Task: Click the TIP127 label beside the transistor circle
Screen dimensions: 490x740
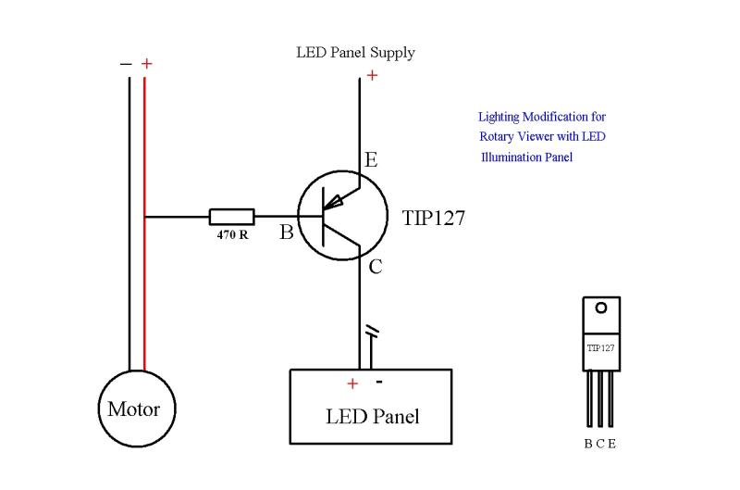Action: (433, 219)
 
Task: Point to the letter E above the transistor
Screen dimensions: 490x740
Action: (370, 160)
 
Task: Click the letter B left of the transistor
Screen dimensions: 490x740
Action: (287, 232)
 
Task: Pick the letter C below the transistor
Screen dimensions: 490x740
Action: (375, 268)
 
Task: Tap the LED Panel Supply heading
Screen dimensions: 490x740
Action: (355, 53)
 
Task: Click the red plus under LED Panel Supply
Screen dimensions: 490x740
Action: (372, 75)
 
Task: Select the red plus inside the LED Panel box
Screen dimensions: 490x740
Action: (351, 383)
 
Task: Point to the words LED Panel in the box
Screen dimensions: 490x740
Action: (372, 416)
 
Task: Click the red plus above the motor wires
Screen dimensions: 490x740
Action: (147, 64)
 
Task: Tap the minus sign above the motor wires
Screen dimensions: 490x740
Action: (126, 64)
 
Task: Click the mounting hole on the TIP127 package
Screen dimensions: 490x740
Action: (600, 308)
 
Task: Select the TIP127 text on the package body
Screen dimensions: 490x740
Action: (600, 348)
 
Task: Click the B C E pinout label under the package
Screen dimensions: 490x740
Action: (599, 444)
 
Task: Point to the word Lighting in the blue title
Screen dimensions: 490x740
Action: (500, 118)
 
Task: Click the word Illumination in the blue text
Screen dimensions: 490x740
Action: (512, 157)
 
